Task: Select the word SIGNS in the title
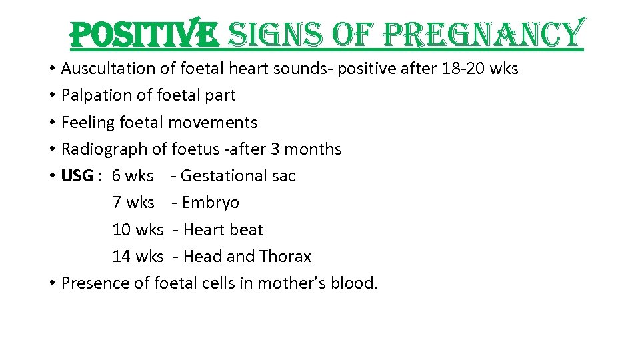[275, 34]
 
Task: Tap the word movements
[213, 123]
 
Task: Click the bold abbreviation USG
[77, 176]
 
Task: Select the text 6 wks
[133, 176]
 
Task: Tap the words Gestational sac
[238, 176]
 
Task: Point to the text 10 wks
[137, 230]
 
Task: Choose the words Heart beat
[223, 230]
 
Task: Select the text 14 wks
[137, 257]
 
